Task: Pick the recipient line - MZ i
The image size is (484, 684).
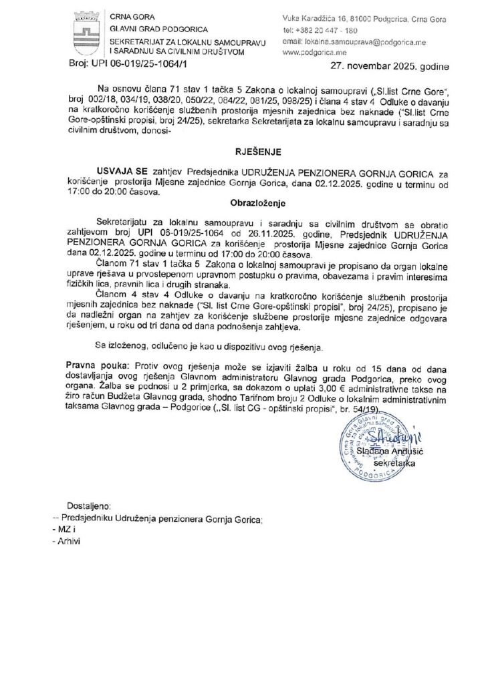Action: point(65,530)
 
